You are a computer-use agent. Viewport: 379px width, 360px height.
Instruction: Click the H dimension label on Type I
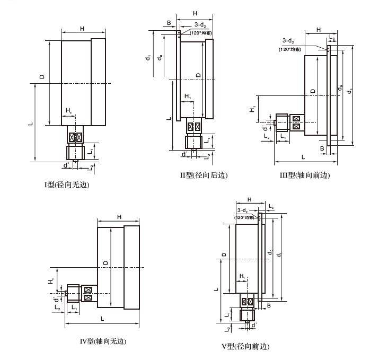[x=82, y=29]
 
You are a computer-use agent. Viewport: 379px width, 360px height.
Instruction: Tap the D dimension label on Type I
[x=41, y=78]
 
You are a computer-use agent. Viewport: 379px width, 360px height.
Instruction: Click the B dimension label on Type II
[x=169, y=24]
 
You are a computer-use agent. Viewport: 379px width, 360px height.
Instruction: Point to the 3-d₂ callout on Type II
[x=200, y=24]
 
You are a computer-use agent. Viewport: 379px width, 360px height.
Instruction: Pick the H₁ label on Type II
[x=188, y=96]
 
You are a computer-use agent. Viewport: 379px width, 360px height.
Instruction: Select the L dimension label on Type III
[x=303, y=157]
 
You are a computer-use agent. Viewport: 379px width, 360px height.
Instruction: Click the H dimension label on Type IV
[x=119, y=217]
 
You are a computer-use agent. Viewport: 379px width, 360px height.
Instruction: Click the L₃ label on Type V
[x=271, y=205]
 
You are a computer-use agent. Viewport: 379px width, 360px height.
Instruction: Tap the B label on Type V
[x=269, y=306]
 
